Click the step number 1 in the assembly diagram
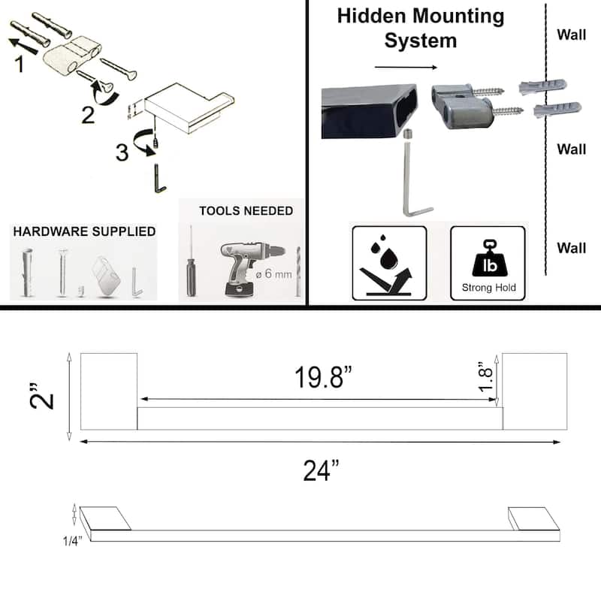click(x=19, y=65)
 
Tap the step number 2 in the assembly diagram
click(x=88, y=115)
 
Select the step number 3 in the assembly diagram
click(x=122, y=152)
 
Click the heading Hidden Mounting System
click(x=420, y=27)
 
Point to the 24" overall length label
click(x=321, y=471)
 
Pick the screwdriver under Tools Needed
click(x=191, y=264)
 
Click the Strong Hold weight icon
click(x=488, y=263)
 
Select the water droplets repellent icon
click(x=389, y=263)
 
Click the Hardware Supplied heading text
click(x=84, y=231)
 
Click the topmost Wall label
click(x=571, y=35)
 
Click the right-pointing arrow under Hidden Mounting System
click(x=406, y=67)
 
